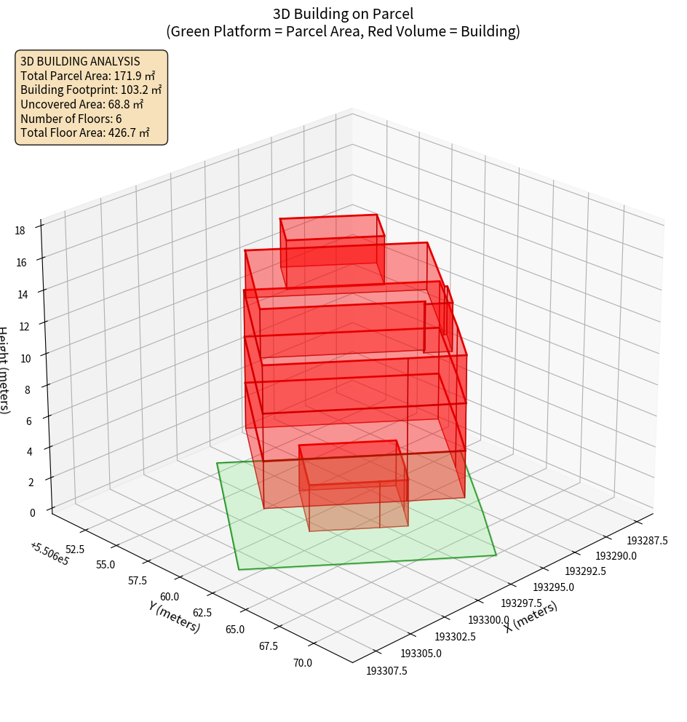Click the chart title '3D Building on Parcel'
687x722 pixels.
coord(343,14)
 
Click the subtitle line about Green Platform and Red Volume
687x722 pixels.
coord(343,31)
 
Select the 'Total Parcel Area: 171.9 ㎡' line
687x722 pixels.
coord(87,76)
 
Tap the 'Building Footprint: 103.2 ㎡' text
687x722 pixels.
coord(91,90)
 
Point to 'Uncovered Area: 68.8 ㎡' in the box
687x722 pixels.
coord(82,105)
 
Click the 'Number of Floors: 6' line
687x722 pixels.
coord(71,119)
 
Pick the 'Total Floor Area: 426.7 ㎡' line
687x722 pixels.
coord(85,133)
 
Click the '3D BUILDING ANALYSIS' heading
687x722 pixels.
coord(80,62)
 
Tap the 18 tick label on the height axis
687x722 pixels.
coord(19,231)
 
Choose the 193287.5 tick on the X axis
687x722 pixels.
coord(647,541)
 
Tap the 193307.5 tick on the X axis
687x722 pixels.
coord(386,670)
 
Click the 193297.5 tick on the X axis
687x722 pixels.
coord(521,603)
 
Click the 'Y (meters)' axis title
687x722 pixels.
coord(173,616)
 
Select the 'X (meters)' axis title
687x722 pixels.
coord(531,617)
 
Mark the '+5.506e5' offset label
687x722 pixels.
coord(49,553)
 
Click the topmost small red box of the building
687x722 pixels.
coord(332,240)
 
